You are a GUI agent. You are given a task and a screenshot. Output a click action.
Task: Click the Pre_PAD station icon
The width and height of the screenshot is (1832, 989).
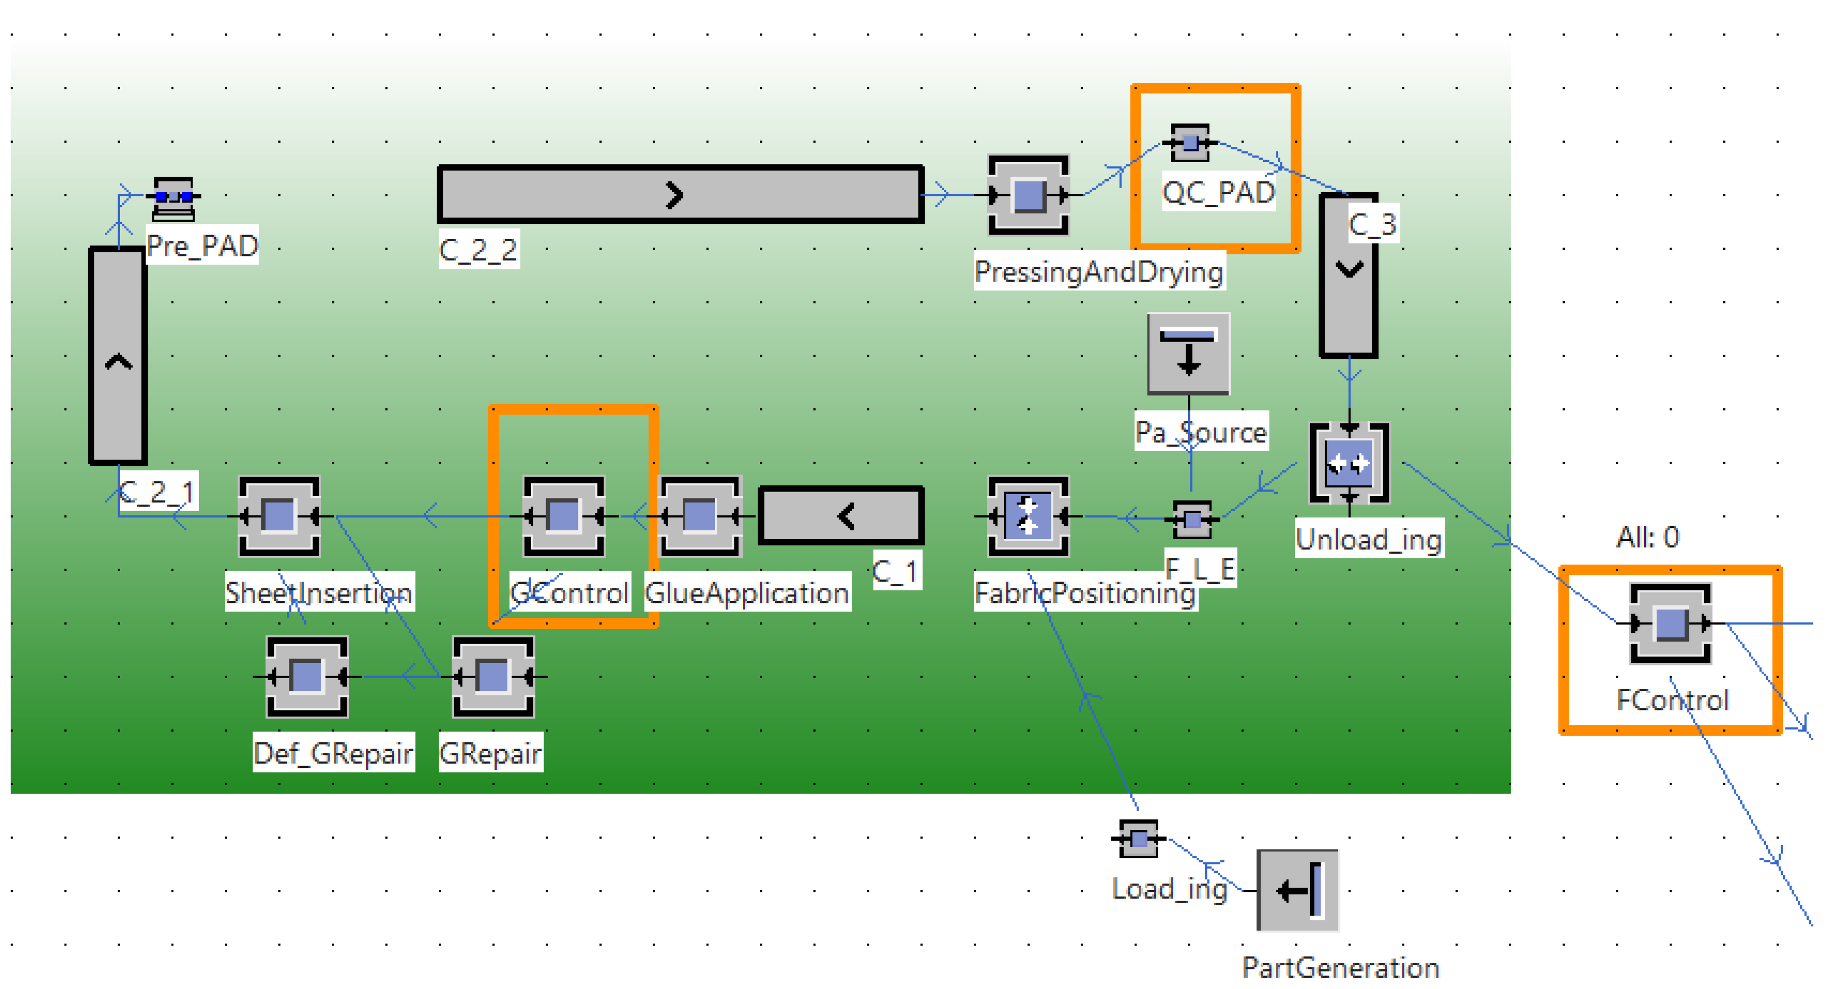point(173,198)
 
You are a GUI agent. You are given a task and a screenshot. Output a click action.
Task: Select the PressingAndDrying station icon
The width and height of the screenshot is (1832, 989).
point(1028,195)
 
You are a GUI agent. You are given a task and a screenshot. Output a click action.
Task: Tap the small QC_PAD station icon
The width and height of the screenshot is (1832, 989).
point(1190,143)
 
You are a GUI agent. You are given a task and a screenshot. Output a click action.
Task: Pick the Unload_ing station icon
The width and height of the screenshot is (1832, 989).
point(1349,464)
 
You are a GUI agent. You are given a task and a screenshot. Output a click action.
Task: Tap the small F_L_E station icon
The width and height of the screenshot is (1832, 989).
point(1193,519)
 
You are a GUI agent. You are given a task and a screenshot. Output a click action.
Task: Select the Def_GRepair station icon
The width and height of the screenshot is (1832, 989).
point(307,677)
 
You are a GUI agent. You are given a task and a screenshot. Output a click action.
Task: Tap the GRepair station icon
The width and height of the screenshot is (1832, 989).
point(493,677)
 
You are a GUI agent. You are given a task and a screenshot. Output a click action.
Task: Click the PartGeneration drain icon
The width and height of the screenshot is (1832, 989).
point(1298,890)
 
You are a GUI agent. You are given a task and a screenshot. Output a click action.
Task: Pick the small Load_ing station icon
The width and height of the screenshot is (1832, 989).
point(1138,839)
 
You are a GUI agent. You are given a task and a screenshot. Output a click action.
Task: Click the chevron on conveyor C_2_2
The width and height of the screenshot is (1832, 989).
point(674,195)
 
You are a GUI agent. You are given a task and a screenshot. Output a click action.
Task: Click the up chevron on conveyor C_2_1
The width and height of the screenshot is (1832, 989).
point(118,363)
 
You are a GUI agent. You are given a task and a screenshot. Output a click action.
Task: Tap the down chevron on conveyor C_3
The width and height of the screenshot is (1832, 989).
point(1349,269)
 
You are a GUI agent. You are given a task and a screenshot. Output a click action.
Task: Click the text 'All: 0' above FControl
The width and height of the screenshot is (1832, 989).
point(1648,537)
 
